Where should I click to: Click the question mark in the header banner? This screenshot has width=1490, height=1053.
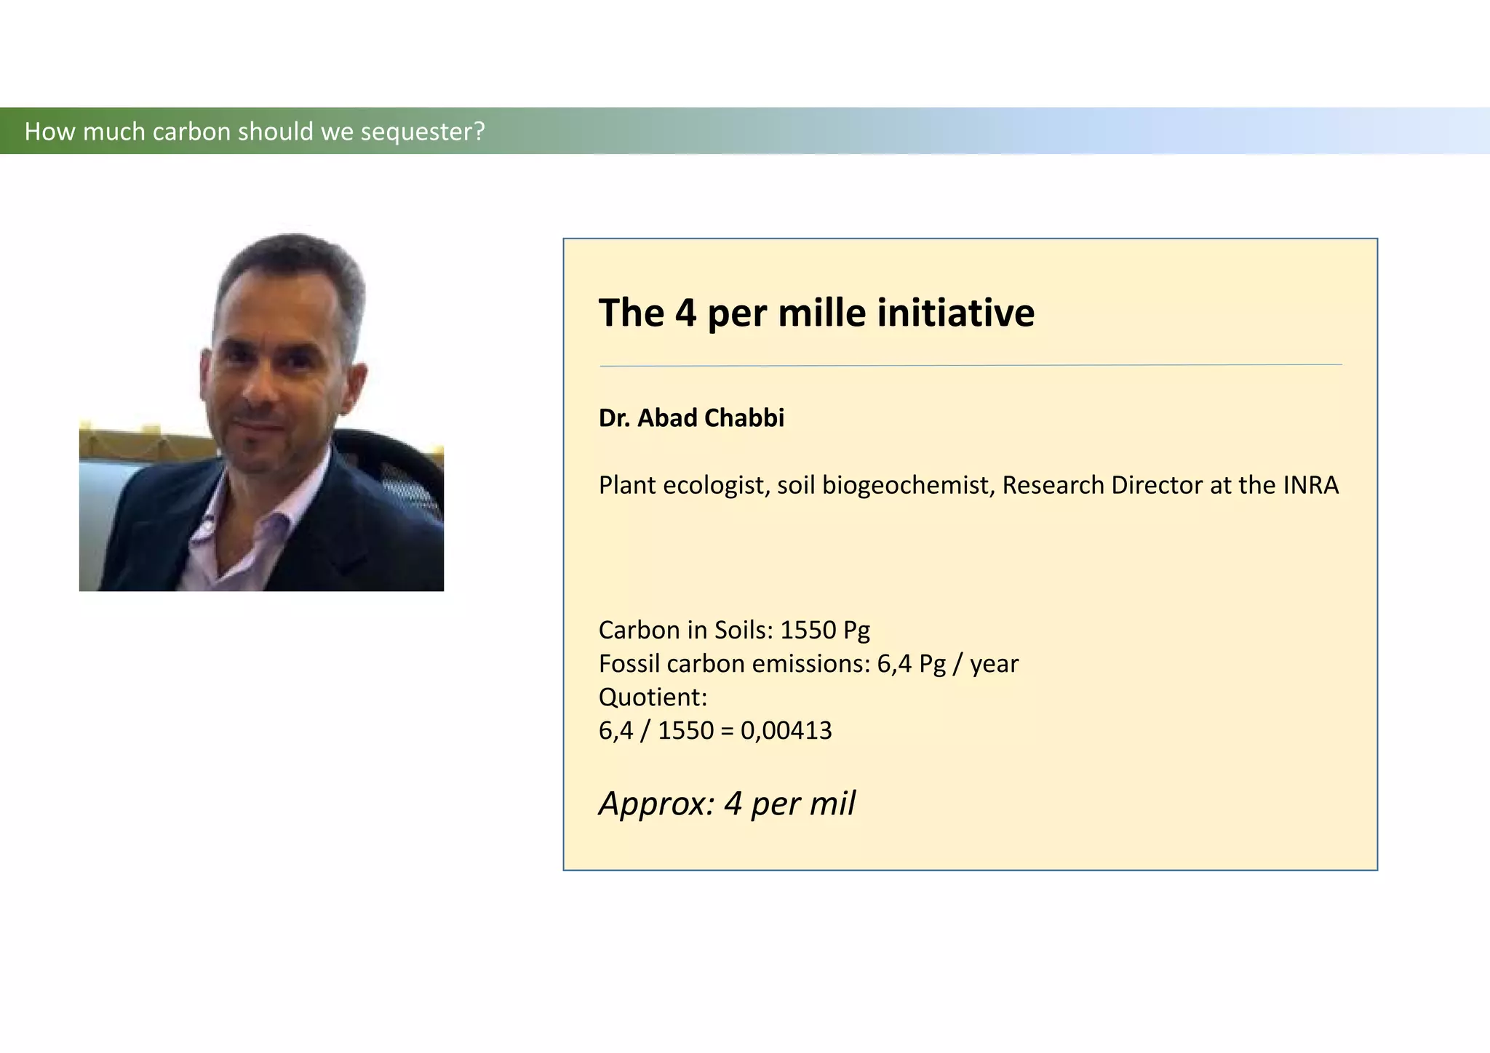click(x=479, y=132)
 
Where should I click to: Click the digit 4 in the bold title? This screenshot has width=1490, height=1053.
click(x=685, y=313)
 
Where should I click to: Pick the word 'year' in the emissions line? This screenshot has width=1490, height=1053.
click(x=994, y=664)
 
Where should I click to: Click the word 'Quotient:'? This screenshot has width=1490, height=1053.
click(x=653, y=697)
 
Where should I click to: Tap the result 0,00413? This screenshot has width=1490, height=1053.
click(x=786, y=730)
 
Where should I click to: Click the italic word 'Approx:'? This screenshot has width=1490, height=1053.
click(x=656, y=804)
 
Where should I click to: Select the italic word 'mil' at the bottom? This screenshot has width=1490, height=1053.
click(x=834, y=804)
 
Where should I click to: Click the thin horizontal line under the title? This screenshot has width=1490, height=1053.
click(x=971, y=365)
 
